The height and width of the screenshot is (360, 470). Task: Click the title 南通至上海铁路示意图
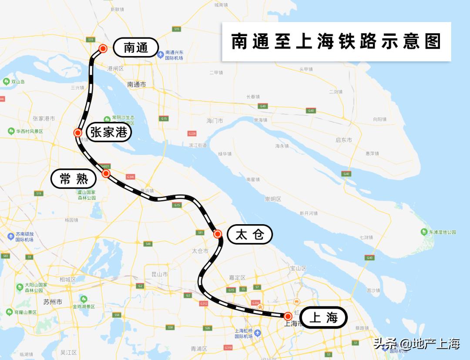pos(336,42)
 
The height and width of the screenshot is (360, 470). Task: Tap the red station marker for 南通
pos(103,48)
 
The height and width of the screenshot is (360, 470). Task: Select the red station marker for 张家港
pos(78,133)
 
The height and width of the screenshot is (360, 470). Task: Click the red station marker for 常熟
pos(106,174)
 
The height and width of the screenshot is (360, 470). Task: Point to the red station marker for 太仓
pos(218,234)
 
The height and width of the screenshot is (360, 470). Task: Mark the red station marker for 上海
pos(288,316)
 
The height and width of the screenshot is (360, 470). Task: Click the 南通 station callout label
pos(136,47)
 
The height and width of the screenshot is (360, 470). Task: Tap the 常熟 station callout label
pos(74,178)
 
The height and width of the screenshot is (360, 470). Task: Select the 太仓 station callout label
pos(250,235)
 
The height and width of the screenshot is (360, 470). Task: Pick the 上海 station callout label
pos(323,317)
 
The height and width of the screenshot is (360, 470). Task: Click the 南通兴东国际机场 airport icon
pos(161,55)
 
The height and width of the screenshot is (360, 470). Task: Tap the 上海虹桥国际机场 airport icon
pos(258,333)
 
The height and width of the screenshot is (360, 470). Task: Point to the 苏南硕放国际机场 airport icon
pos(11,236)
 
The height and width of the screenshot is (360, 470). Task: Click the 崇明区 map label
pos(273,199)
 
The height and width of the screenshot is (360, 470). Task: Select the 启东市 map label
pos(344,140)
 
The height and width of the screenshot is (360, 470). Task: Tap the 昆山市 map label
pos(159,274)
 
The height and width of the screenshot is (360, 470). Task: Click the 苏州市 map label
pos(53,302)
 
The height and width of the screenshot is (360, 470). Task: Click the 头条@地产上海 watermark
pos(416,344)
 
